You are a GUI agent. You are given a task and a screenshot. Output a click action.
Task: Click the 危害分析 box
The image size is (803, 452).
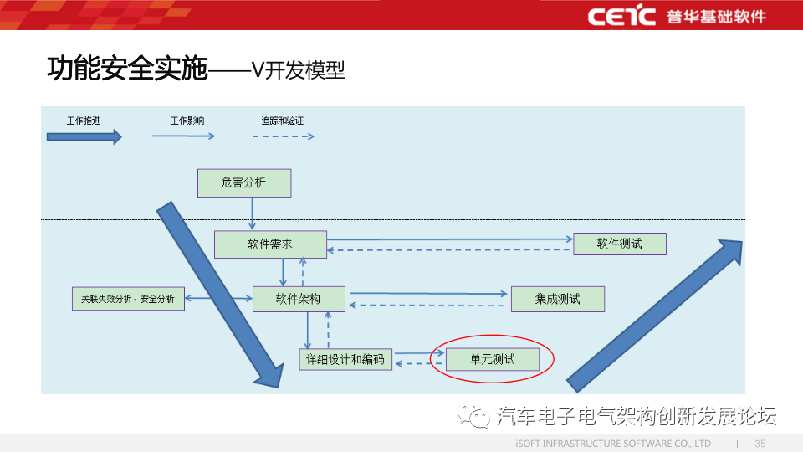tap(244, 182)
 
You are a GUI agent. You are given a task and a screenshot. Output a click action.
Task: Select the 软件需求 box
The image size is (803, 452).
tap(270, 244)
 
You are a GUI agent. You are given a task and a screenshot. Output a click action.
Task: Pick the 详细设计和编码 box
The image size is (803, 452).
tap(345, 360)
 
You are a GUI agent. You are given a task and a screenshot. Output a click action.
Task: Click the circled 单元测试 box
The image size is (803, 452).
tap(492, 360)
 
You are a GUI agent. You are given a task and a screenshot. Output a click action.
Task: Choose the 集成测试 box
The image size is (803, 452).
tap(557, 299)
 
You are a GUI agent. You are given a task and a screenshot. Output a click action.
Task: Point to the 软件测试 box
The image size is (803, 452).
tap(619, 244)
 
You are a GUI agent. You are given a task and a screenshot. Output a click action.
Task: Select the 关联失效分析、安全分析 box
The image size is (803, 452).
tap(128, 299)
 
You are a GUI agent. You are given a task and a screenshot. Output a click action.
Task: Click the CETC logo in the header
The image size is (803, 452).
tap(621, 16)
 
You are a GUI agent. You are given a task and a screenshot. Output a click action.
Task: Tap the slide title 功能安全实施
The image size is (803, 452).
tap(126, 69)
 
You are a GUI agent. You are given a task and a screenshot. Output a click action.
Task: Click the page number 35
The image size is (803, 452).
tap(760, 443)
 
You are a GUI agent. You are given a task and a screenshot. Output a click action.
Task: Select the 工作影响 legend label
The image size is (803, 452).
tap(187, 121)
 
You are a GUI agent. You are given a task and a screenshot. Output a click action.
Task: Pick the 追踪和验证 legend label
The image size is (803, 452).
tap(282, 121)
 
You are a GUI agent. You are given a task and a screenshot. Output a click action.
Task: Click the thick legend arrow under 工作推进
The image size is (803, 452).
tap(84, 136)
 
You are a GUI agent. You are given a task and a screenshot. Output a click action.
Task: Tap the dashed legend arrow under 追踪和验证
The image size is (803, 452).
tap(284, 136)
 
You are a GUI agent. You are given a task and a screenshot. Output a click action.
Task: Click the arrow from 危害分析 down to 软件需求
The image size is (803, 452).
tap(252, 213)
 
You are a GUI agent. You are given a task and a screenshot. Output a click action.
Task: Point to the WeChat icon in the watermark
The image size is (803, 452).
tap(479, 416)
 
